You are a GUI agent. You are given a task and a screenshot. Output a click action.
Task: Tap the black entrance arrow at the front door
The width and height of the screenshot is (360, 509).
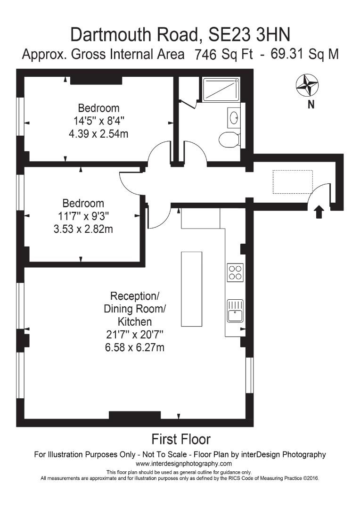[x=319, y=212]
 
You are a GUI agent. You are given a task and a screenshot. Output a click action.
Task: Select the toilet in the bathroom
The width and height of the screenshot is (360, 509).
[x=229, y=139]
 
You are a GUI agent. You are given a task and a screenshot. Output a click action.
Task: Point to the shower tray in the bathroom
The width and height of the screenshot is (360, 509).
[x=221, y=89]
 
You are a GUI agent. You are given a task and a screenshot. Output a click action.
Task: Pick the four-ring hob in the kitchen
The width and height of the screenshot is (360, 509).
[x=235, y=272]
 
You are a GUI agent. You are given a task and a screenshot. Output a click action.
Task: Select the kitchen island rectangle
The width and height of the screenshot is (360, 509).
[x=191, y=289]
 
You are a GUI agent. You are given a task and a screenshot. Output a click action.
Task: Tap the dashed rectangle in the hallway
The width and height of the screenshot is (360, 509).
[x=293, y=182]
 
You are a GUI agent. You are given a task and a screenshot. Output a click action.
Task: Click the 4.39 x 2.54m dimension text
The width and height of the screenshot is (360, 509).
[x=98, y=133]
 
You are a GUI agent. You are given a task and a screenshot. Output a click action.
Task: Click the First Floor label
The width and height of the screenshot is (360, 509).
[x=180, y=439]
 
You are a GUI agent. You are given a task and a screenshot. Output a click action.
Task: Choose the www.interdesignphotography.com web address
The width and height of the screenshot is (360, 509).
[x=180, y=464]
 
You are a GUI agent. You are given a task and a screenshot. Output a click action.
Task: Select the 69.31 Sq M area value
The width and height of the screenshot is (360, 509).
[x=304, y=54]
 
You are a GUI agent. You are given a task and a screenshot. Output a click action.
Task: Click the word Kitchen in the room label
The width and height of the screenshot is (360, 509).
[x=135, y=322]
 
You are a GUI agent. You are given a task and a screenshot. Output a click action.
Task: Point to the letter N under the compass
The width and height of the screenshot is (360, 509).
[x=311, y=105]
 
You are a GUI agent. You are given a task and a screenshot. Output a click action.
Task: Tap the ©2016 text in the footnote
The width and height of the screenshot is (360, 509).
[x=311, y=478]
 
